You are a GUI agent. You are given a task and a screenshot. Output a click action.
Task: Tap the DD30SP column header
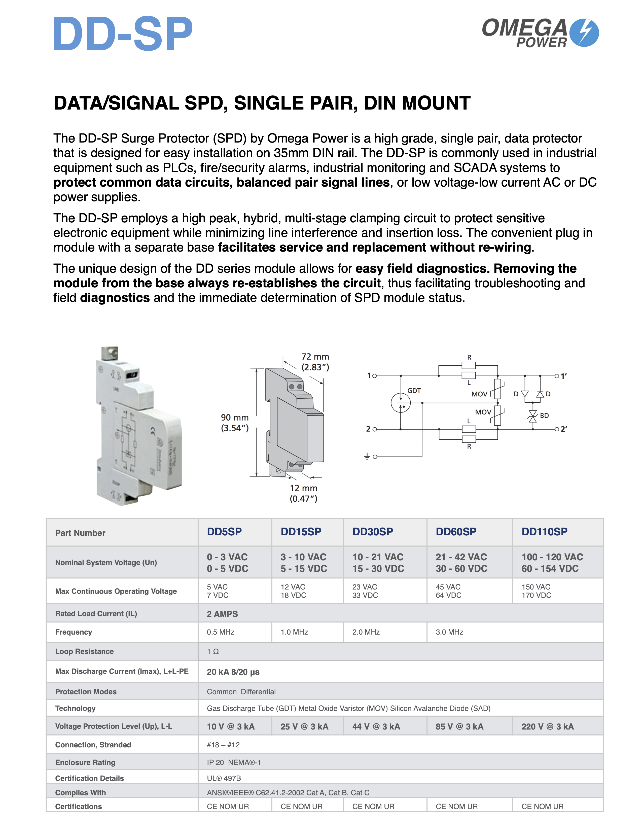click(x=372, y=532)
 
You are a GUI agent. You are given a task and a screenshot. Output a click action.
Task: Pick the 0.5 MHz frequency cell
click(x=220, y=632)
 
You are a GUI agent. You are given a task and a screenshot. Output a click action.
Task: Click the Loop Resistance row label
click(x=84, y=651)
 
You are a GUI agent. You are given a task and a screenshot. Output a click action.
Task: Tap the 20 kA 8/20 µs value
click(x=233, y=672)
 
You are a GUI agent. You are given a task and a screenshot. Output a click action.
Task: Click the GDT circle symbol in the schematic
click(x=401, y=403)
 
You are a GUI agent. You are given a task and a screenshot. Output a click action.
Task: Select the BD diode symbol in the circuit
click(x=532, y=416)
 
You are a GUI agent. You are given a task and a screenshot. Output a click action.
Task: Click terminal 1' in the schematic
click(x=557, y=376)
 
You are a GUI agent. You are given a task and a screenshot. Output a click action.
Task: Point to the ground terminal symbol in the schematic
click(x=367, y=456)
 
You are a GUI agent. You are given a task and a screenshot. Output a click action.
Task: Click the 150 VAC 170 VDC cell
click(x=536, y=591)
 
